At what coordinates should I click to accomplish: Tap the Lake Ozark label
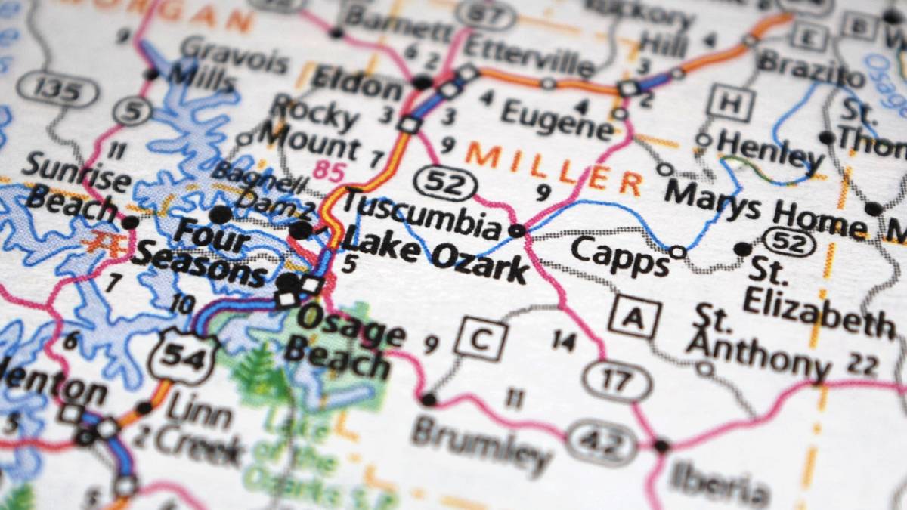[x=435, y=257]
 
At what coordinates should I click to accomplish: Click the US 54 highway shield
[x=184, y=357]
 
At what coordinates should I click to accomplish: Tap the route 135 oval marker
[x=57, y=91]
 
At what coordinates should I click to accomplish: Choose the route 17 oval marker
[x=617, y=381]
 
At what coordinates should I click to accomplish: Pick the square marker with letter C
[x=481, y=339]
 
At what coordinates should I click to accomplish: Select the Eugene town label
[x=557, y=119]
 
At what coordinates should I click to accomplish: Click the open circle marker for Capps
[x=678, y=252]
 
